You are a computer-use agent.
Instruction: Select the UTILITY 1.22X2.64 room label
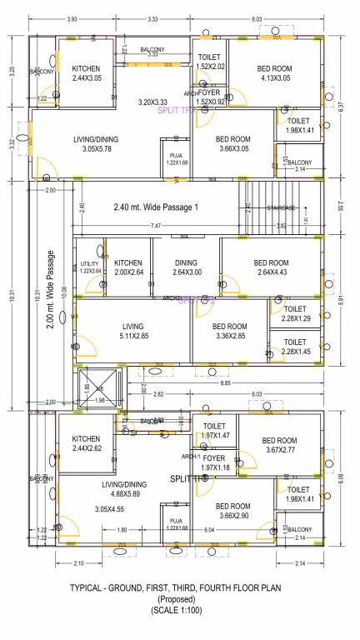89,267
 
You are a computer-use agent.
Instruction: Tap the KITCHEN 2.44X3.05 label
87,73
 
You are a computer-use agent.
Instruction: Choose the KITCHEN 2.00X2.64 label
128,267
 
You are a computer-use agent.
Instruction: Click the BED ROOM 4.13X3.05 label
274,73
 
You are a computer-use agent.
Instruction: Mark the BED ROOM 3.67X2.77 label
279,445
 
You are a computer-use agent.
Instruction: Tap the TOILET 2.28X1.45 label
295,347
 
